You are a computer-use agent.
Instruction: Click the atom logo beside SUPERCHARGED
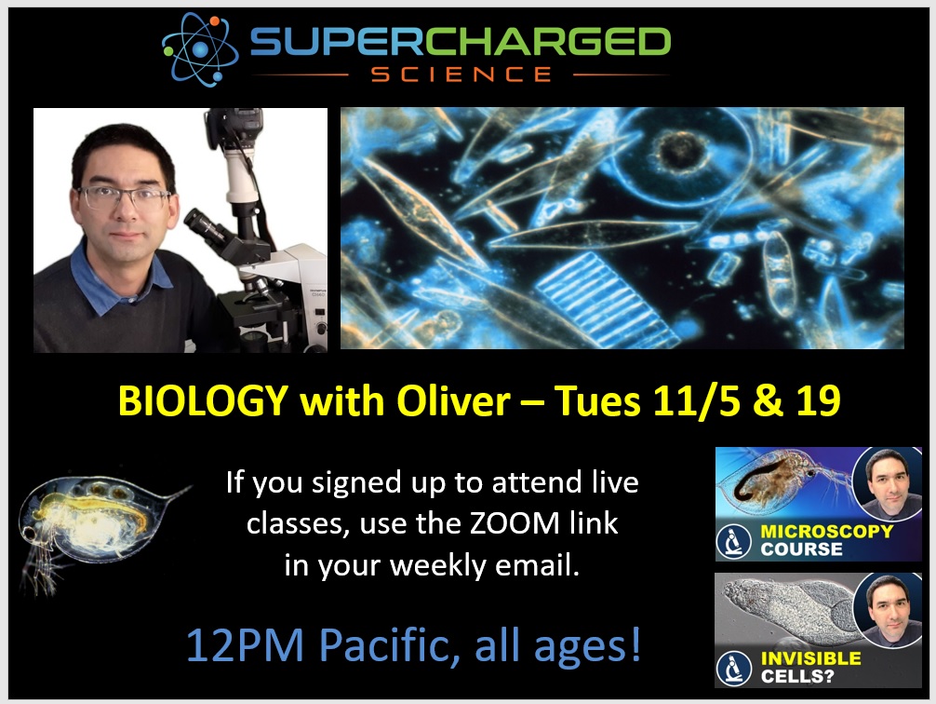coord(200,49)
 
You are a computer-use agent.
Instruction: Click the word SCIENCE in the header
coord(461,74)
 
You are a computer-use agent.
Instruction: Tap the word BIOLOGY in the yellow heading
coord(204,401)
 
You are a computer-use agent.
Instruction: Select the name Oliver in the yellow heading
coord(454,400)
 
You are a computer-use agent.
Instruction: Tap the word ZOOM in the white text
coord(515,523)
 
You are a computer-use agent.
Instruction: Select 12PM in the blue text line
coord(246,645)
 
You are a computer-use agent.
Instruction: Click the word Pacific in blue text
coord(390,645)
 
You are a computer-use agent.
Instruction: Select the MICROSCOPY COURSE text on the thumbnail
coord(826,540)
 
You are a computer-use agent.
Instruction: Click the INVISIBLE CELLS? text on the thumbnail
coord(810,668)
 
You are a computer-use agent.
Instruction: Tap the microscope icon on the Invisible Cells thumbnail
coord(734,669)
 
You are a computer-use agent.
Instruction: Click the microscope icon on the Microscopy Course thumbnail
coord(734,541)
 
